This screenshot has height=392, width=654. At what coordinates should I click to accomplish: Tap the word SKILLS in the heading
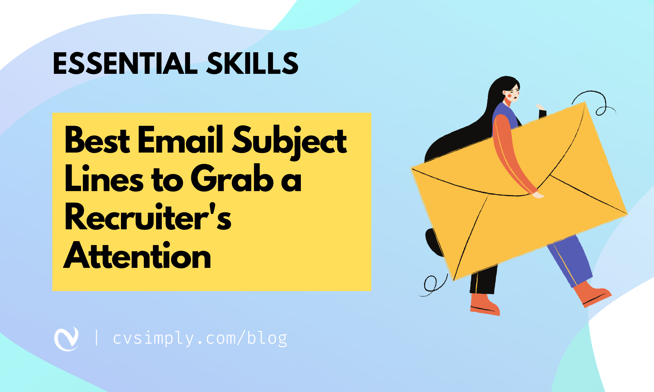pos(252,63)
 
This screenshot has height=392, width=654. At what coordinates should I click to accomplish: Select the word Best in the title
pos(97,140)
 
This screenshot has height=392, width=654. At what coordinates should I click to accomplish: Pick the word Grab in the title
pos(232,179)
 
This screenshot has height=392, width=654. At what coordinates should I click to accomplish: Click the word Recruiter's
pos(148,218)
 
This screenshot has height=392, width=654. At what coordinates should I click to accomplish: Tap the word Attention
pos(137,256)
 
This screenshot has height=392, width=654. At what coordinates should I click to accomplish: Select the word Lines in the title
pos(104,179)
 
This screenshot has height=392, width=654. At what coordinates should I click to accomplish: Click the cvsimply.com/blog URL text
pos(200,338)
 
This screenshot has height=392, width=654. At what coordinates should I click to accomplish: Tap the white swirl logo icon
pos(67,339)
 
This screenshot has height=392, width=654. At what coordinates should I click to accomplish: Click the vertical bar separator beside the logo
pos(96,338)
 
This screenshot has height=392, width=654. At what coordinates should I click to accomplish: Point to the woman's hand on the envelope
pos(538,195)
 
